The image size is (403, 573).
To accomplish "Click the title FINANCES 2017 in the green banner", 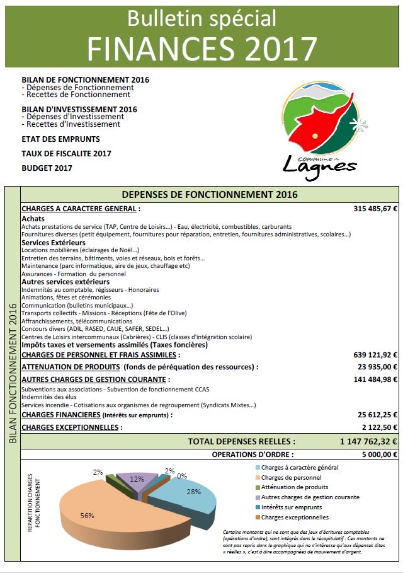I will click(x=201, y=47).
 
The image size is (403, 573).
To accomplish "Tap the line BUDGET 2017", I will click(x=47, y=168).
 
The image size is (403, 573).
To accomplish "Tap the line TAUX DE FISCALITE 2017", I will click(x=66, y=153).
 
